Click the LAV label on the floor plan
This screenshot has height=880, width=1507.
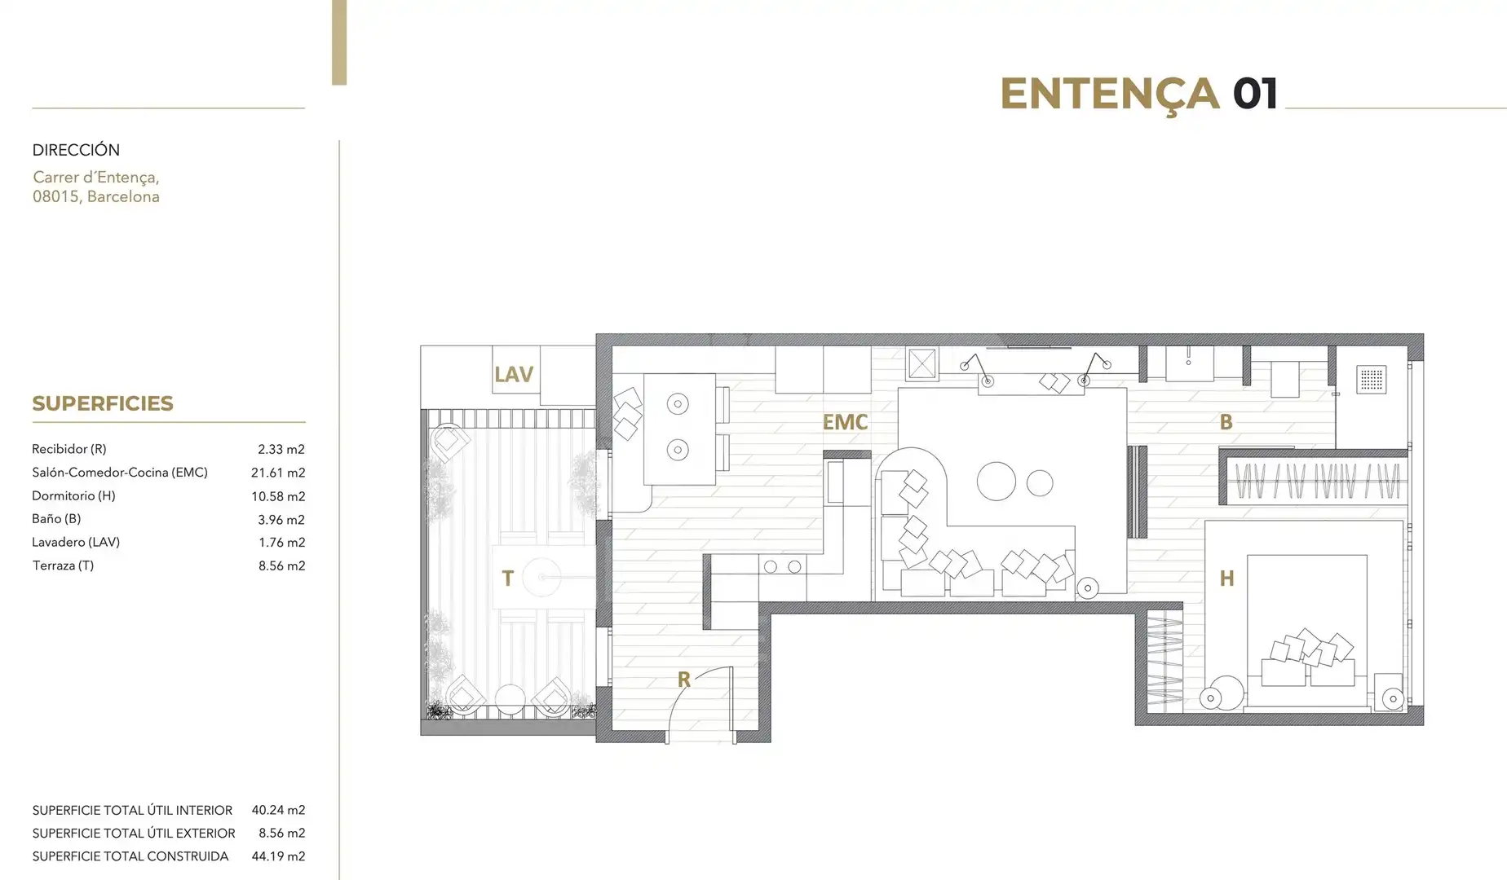point(513,375)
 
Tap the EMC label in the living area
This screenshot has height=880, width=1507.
point(845,422)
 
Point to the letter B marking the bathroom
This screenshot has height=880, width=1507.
point(1226,422)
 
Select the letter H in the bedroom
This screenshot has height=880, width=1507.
point(1226,579)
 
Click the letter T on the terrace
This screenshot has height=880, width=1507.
point(507,579)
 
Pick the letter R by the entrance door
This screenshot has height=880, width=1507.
point(683,679)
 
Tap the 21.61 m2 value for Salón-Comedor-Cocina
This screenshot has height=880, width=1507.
point(278,473)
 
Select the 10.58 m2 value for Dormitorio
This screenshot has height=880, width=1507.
point(278,496)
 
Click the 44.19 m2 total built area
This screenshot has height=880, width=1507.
point(278,856)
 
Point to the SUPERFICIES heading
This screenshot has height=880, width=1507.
point(103,403)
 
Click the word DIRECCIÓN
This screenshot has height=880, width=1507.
point(76,150)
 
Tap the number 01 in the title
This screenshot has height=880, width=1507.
point(1255,94)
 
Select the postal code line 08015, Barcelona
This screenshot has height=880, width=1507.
point(96,196)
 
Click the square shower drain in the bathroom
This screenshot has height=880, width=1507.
point(1372,379)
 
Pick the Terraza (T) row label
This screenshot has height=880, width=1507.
point(63,565)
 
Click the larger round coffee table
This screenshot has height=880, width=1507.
point(997,481)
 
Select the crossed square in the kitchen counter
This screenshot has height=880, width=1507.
point(922,364)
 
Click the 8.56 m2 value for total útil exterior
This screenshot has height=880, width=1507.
point(281,834)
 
